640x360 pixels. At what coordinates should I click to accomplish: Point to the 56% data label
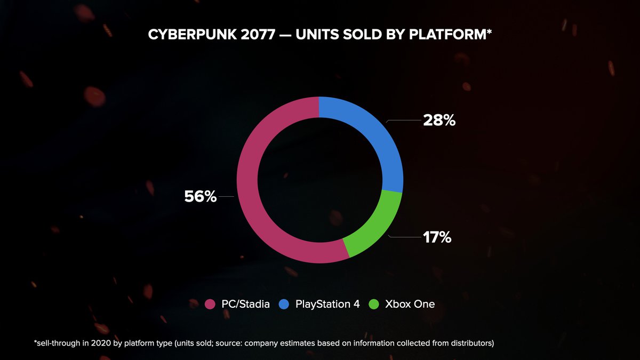click(x=201, y=197)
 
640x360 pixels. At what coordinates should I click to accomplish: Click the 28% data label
click(x=439, y=121)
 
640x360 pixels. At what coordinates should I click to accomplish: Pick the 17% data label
click(x=437, y=237)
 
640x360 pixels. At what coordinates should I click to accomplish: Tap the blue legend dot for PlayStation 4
click(x=285, y=305)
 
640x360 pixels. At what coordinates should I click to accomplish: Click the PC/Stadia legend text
click(x=245, y=305)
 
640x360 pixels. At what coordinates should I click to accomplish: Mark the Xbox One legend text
click(x=410, y=305)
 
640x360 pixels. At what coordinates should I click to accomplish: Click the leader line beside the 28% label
click(x=404, y=121)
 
